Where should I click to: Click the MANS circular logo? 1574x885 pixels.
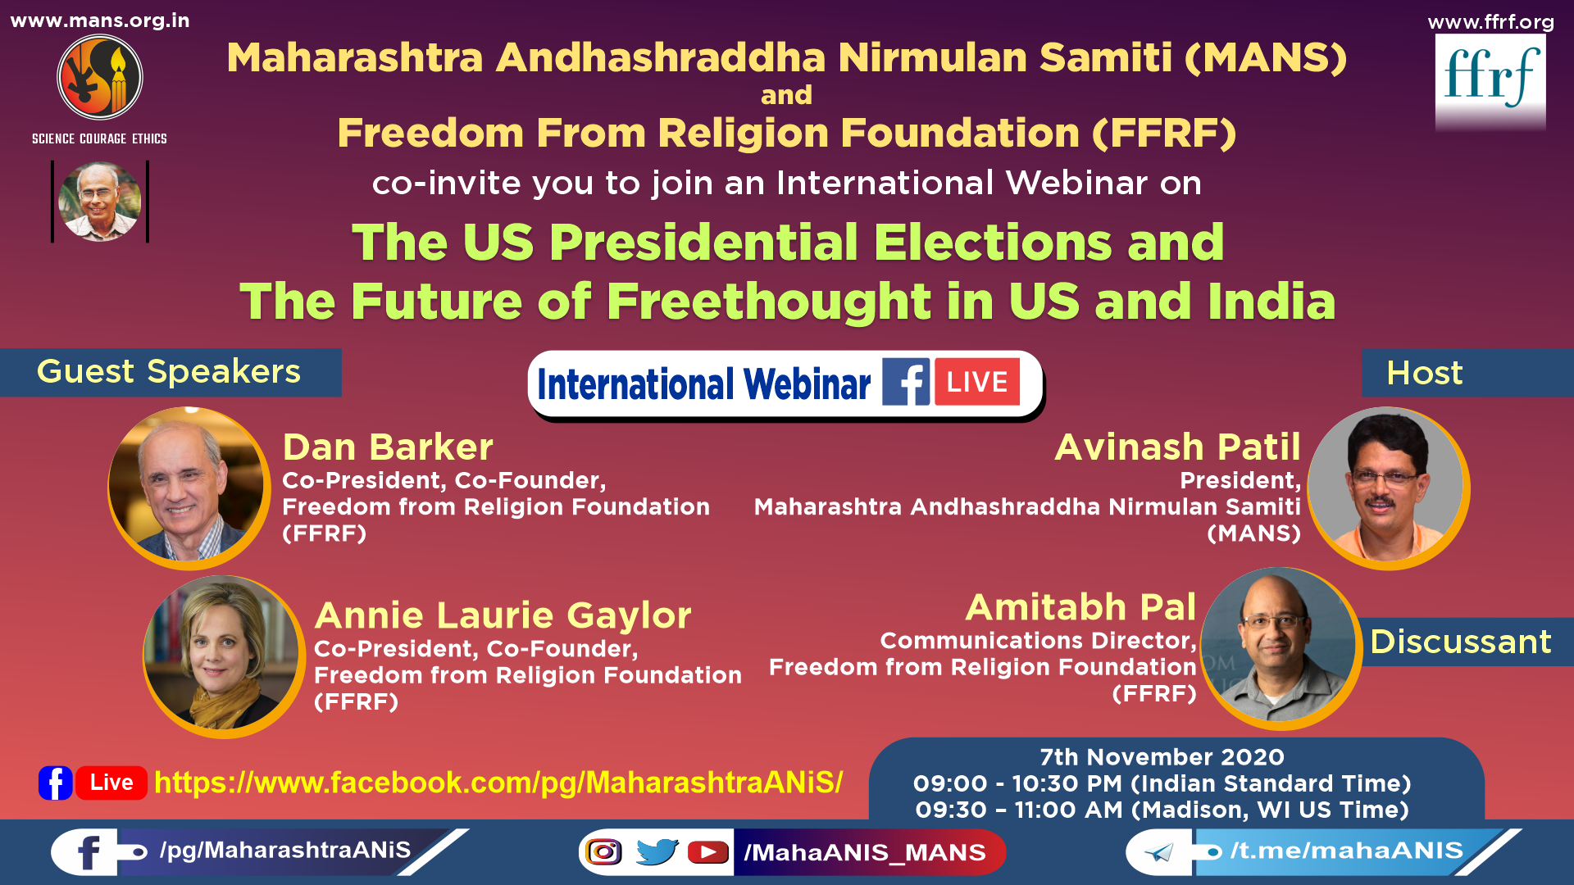(100, 78)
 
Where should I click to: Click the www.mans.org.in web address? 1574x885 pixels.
(100, 20)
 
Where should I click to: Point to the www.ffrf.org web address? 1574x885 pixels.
(1490, 22)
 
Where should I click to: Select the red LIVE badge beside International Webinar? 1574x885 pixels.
(977, 382)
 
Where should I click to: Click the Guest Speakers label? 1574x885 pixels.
(169, 372)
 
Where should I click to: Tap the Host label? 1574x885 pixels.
(1425, 373)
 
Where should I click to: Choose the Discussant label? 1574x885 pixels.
(1461, 642)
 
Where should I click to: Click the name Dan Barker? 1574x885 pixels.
(388, 447)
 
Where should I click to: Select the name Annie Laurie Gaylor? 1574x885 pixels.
(503, 615)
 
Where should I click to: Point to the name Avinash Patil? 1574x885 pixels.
(1177, 447)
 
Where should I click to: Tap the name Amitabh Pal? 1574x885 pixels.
(1080, 607)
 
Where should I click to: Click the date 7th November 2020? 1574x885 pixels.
(1162, 757)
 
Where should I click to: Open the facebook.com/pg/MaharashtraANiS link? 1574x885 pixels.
(498, 783)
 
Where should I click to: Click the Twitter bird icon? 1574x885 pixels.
(657, 852)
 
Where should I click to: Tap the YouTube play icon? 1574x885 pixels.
(708, 853)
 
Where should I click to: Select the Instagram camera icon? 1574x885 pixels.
(604, 852)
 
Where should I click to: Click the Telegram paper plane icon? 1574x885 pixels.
(1158, 853)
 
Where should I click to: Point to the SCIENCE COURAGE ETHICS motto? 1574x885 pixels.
(99, 139)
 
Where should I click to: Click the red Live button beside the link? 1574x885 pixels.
(111, 783)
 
